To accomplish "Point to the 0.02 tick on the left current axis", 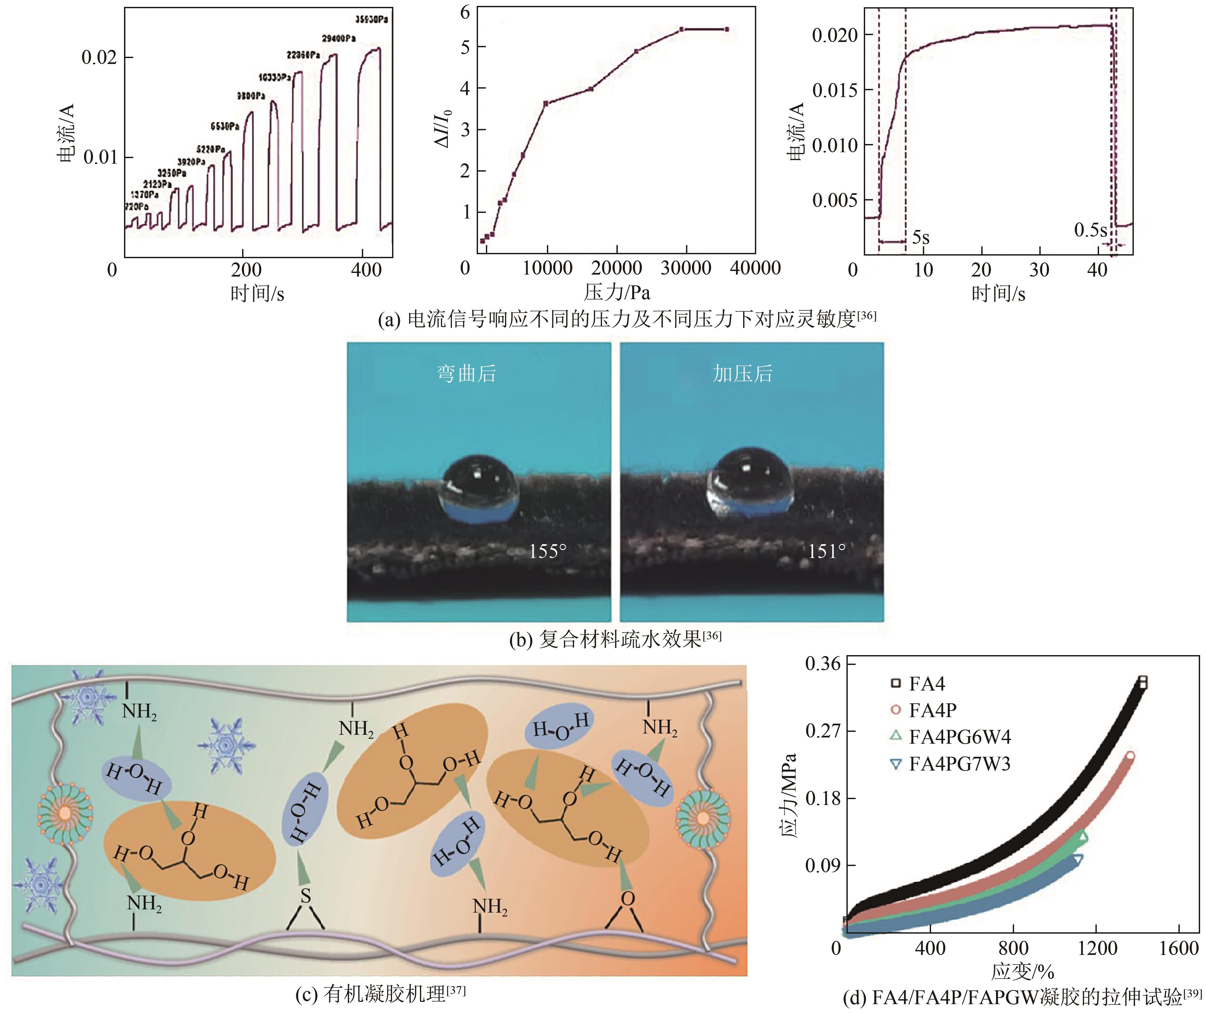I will tap(99, 57).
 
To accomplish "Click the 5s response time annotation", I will tap(921, 237).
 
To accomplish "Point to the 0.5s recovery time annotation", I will tap(1090, 230).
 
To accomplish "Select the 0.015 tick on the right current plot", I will tap(834, 90).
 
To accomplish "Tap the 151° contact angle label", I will tap(826, 551).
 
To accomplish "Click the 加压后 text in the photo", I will tap(742, 374).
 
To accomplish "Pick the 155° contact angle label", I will tap(547, 551).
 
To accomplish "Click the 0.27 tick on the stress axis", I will tap(822, 731).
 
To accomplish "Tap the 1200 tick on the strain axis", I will tap(1097, 948).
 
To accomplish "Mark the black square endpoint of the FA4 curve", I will tap(1142, 682).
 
